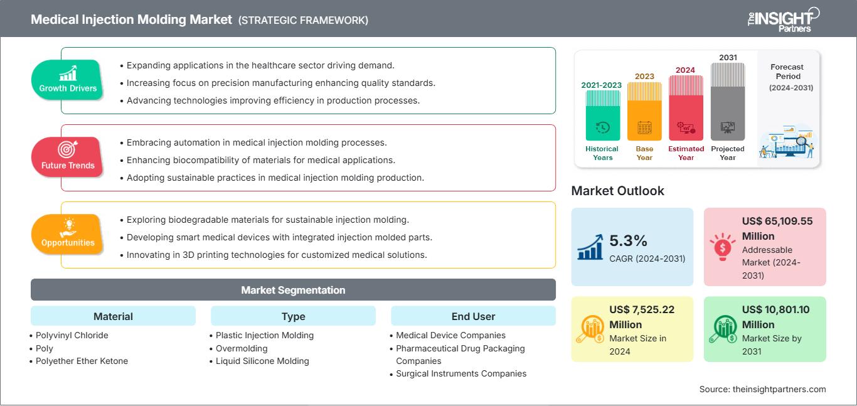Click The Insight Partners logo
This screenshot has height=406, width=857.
click(x=784, y=19)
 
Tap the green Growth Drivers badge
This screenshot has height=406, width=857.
click(x=67, y=80)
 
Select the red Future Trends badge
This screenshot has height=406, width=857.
click(x=67, y=157)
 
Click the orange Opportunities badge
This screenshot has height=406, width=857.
click(x=67, y=234)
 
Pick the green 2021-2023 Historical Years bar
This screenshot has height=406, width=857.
click(x=602, y=115)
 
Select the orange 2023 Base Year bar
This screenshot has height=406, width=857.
click(x=644, y=111)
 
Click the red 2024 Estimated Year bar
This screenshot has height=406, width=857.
click(x=686, y=108)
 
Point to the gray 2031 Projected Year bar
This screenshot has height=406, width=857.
click(x=728, y=102)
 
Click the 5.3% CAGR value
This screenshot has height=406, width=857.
click(x=628, y=241)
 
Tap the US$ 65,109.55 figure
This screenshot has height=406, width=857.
click(x=777, y=221)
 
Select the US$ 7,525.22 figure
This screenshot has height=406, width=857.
click(x=642, y=309)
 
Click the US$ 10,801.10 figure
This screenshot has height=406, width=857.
click(x=775, y=309)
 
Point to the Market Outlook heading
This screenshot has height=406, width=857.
click(x=617, y=191)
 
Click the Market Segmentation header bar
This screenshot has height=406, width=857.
click(x=293, y=290)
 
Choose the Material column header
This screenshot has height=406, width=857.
click(x=114, y=316)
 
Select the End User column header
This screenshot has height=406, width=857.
click(x=473, y=316)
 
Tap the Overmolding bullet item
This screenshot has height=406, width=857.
click(x=242, y=348)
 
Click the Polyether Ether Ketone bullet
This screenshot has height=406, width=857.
click(x=82, y=361)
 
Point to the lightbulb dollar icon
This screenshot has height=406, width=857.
click(x=722, y=247)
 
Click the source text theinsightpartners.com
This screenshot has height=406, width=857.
click(x=779, y=389)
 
